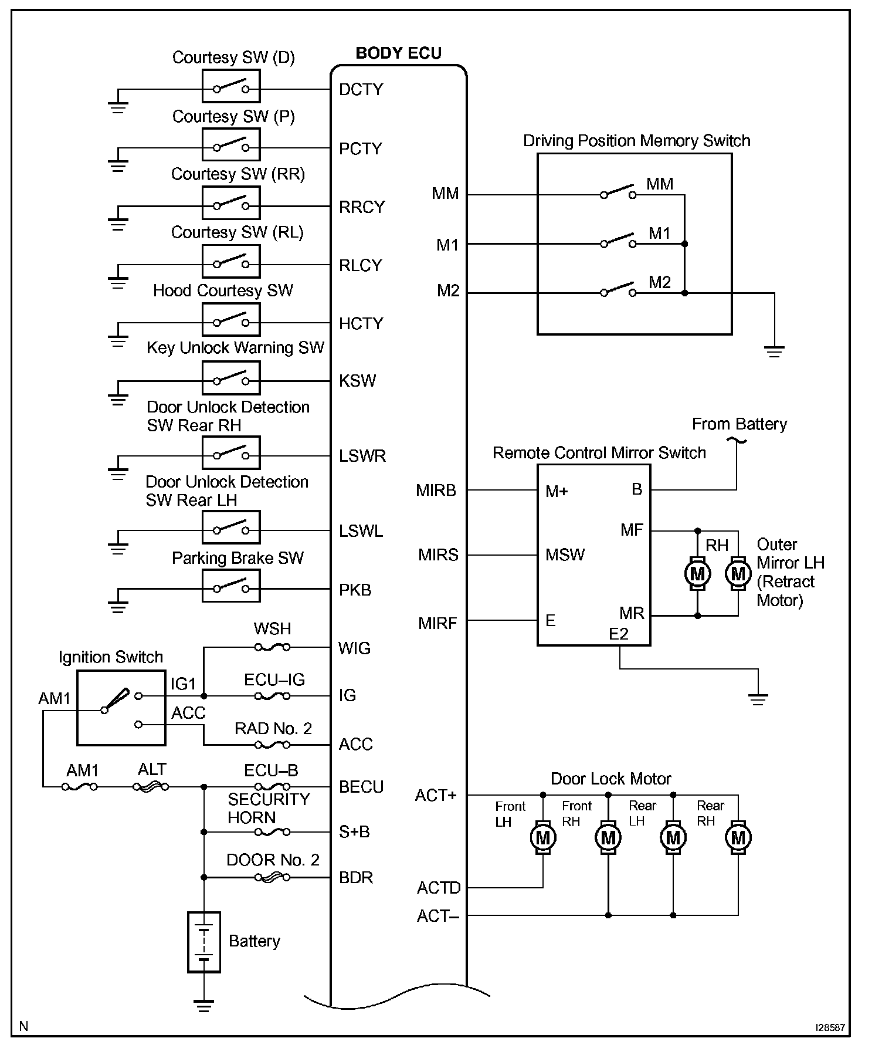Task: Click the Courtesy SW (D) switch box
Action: (231, 86)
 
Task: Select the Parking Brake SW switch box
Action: (231, 586)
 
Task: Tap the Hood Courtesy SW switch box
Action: (231, 320)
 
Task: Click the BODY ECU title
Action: (398, 53)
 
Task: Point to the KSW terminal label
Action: (357, 381)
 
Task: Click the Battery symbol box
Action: (203, 942)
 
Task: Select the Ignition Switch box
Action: (121, 709)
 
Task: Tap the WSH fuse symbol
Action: (272, 647)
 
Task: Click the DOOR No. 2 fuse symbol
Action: (272, 878)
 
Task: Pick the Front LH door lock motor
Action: (543, 837)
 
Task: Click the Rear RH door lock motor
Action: (738, 837)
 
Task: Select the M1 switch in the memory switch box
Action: (618, 242)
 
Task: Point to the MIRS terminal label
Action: (437, 555)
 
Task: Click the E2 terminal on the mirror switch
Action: (619, 634)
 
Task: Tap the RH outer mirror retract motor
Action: (697, 573)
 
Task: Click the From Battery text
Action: (739, 424)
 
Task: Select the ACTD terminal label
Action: (439, 888)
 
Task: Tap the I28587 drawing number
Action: (830, 1027)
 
